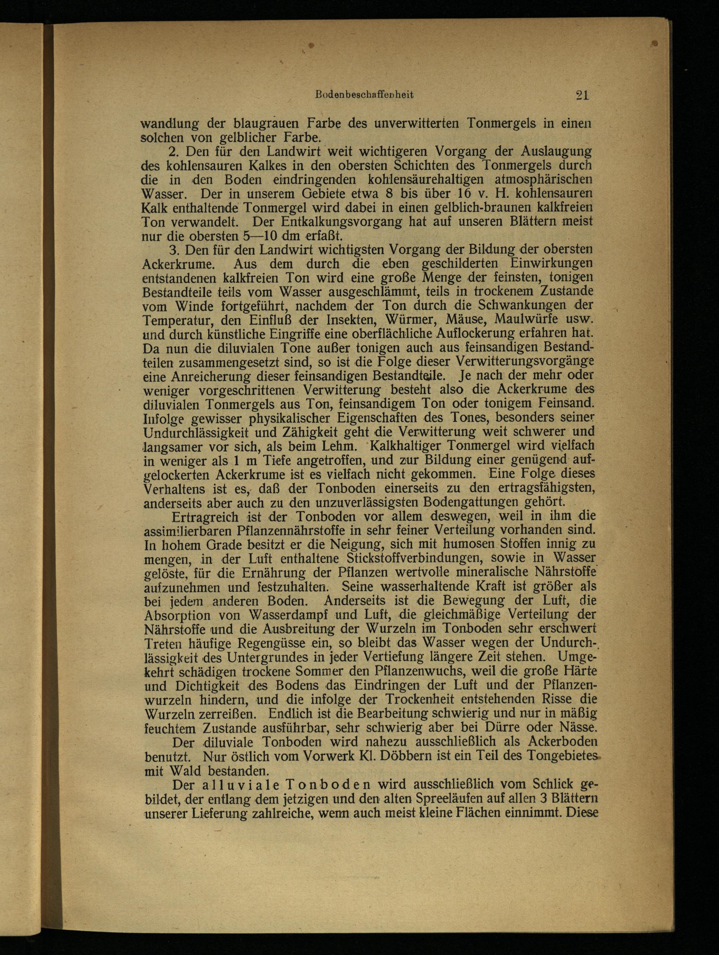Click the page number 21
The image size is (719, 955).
(x=582, y=95)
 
